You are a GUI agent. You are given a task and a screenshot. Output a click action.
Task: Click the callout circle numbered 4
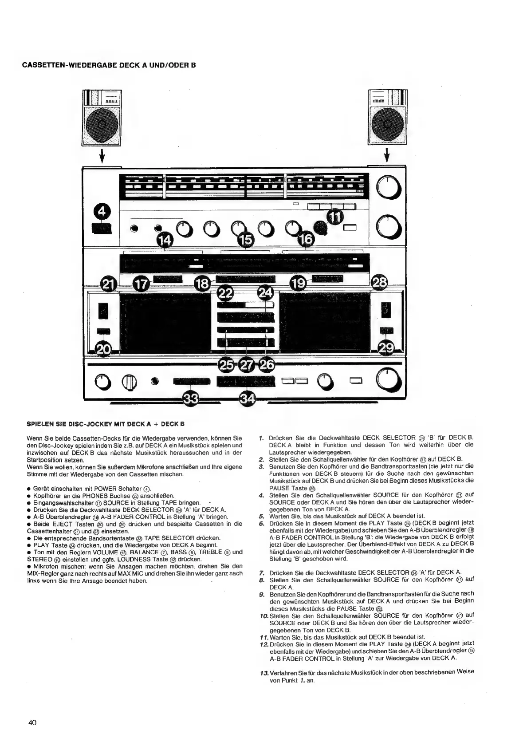click(x=102, y=212)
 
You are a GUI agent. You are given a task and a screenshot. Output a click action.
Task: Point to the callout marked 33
click(x=191, y=399)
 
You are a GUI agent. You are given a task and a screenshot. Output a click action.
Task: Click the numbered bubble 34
click(x=247, y=399)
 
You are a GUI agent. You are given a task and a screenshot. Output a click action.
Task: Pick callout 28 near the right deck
click(x=380, y=282)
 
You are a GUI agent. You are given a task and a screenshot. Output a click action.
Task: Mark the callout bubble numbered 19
click(x=300, y=284)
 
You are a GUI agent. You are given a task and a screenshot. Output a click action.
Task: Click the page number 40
click(x=32, y=722)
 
